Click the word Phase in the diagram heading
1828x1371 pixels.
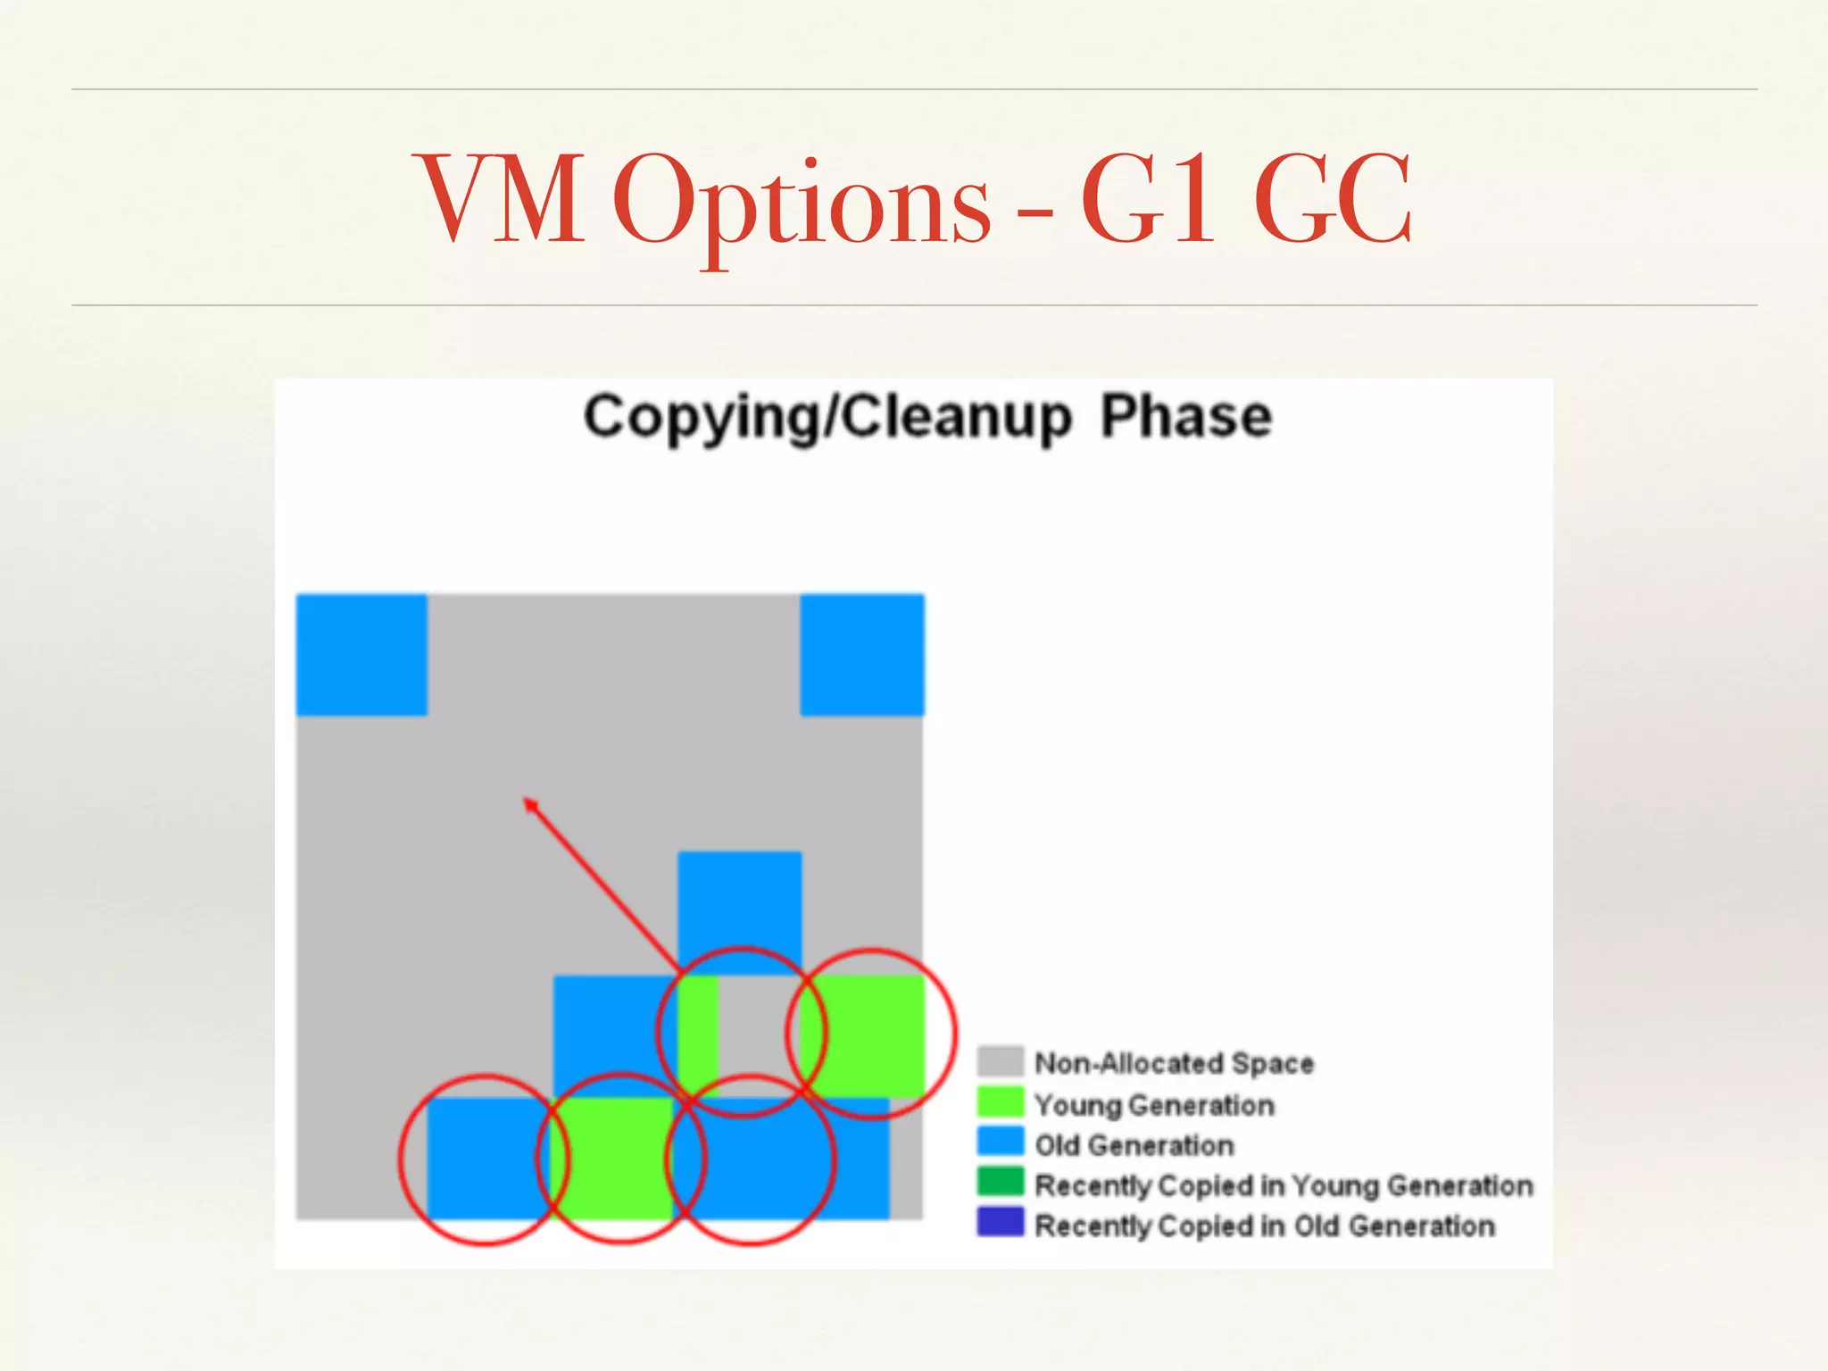tap(1185, 417)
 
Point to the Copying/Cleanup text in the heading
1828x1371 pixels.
tap(827, 417)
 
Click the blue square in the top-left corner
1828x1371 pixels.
tap(361, 654)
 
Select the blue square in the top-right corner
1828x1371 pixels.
tap(862, 654)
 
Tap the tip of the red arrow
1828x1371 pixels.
tap(528, 802)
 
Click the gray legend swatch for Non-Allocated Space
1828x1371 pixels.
tap(1000, 1061)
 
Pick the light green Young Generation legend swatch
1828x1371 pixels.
tap(1000, 1101)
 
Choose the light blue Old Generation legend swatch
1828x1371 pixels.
tap(1000, 1142)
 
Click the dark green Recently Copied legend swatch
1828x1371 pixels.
tap(1000, 1182)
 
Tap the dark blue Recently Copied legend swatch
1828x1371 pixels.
tap(1000, 1222)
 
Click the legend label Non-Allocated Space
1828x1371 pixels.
tap(1174, 1063)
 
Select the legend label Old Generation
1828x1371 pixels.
tap(1134, 1145)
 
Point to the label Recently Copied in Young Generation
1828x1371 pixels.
tap(1284, 1185)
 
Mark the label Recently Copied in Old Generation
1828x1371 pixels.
tap(1265, 1226)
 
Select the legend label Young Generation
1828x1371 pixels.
tap(1154, 1105)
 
